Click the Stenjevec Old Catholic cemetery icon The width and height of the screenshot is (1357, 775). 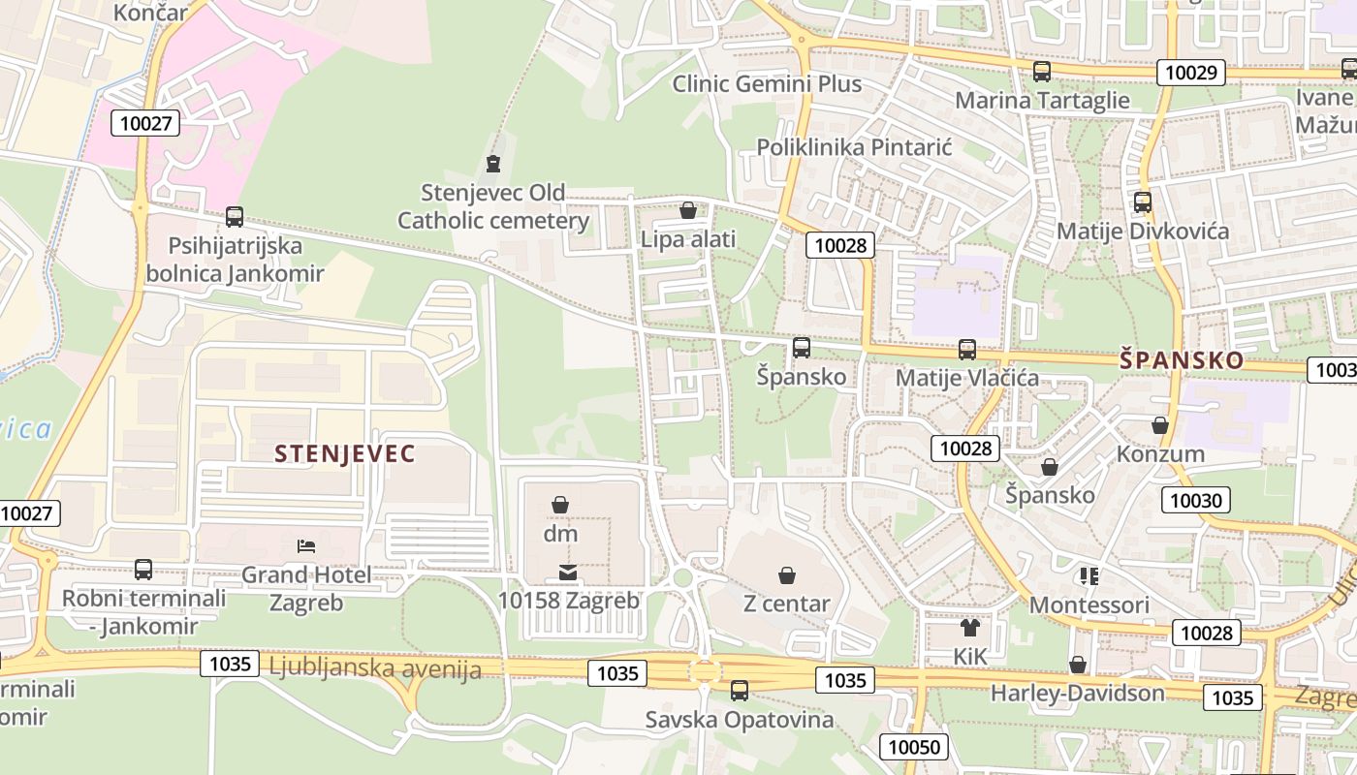[493, 163]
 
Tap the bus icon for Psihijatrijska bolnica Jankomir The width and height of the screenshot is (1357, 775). [234, 216]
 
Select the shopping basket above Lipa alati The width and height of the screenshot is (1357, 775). [688, 209]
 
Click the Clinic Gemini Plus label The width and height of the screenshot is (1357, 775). [767, 84]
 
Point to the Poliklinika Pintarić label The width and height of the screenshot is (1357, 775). [854, 147]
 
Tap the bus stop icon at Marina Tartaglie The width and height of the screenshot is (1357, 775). [1042, 71]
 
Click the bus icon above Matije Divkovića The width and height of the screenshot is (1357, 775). [1143, 201]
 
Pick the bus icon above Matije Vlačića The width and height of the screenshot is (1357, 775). [966, 349]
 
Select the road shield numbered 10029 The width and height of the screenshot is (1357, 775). [1191, 73]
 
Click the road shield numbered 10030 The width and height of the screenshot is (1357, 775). [1195, 500]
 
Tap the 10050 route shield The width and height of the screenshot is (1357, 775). [913, 746]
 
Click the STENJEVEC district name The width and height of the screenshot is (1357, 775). [344, 453]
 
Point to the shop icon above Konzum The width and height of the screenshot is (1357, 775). [1160, 425]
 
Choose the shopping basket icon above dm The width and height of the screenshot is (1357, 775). [560, 504]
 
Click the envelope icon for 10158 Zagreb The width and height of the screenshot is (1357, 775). [568, 573]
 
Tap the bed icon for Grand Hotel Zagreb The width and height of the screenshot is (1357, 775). [306, 546]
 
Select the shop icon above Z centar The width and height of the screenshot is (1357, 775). [786, 575]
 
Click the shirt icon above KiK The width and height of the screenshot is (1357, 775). [969, 628]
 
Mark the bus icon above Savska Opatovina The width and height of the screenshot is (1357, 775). [739, 690]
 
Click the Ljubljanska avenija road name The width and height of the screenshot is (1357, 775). [375, 668]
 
